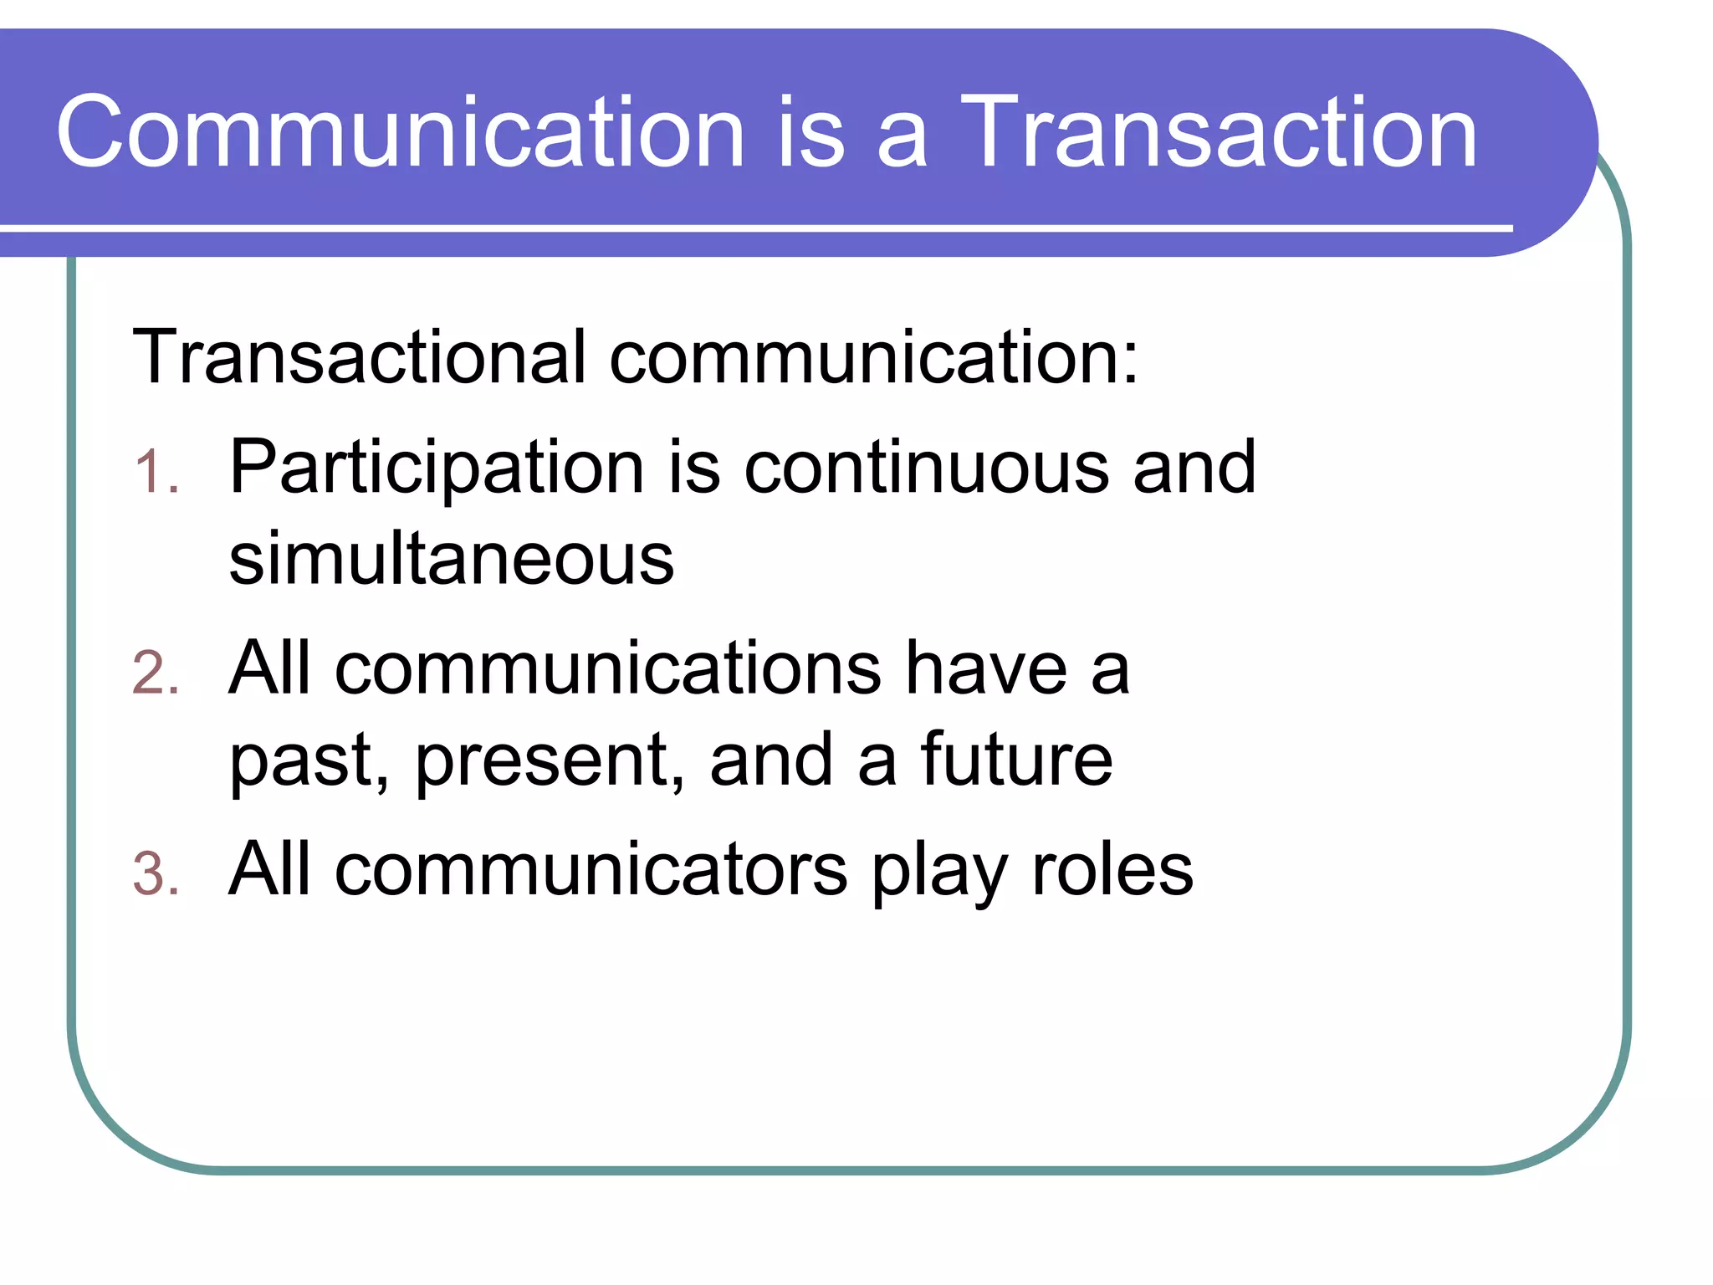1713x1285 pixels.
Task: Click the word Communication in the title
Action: point(400,132)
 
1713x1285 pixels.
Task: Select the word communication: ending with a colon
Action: point(873,356)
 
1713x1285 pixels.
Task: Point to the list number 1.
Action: point(156,472)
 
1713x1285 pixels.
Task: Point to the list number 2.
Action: point(156,673)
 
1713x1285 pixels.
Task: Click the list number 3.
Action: point(156,875)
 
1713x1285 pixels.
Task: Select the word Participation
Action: point(436,468)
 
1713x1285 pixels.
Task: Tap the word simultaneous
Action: point(451,558)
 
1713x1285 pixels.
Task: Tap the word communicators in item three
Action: point(591,870)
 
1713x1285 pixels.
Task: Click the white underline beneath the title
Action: point(753,228)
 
